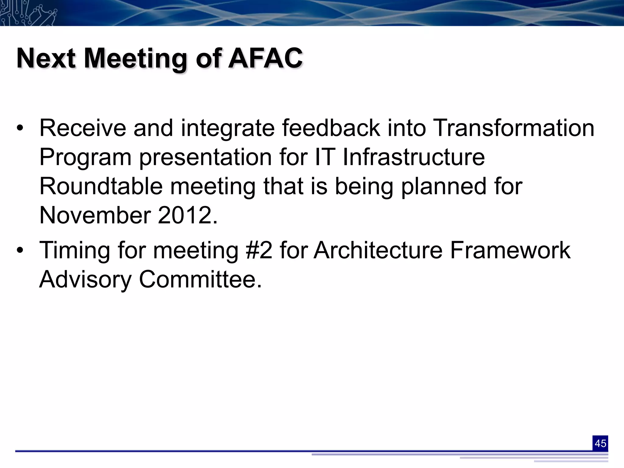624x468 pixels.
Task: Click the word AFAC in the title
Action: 265,58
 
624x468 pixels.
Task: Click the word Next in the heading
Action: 46,58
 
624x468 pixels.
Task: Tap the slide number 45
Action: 600,443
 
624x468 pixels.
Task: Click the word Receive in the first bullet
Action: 83,128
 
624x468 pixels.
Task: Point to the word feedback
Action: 331,128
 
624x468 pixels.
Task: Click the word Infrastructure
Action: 413,157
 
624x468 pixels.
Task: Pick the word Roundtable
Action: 101,186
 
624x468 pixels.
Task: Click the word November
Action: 95,215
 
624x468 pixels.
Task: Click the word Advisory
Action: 85,279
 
